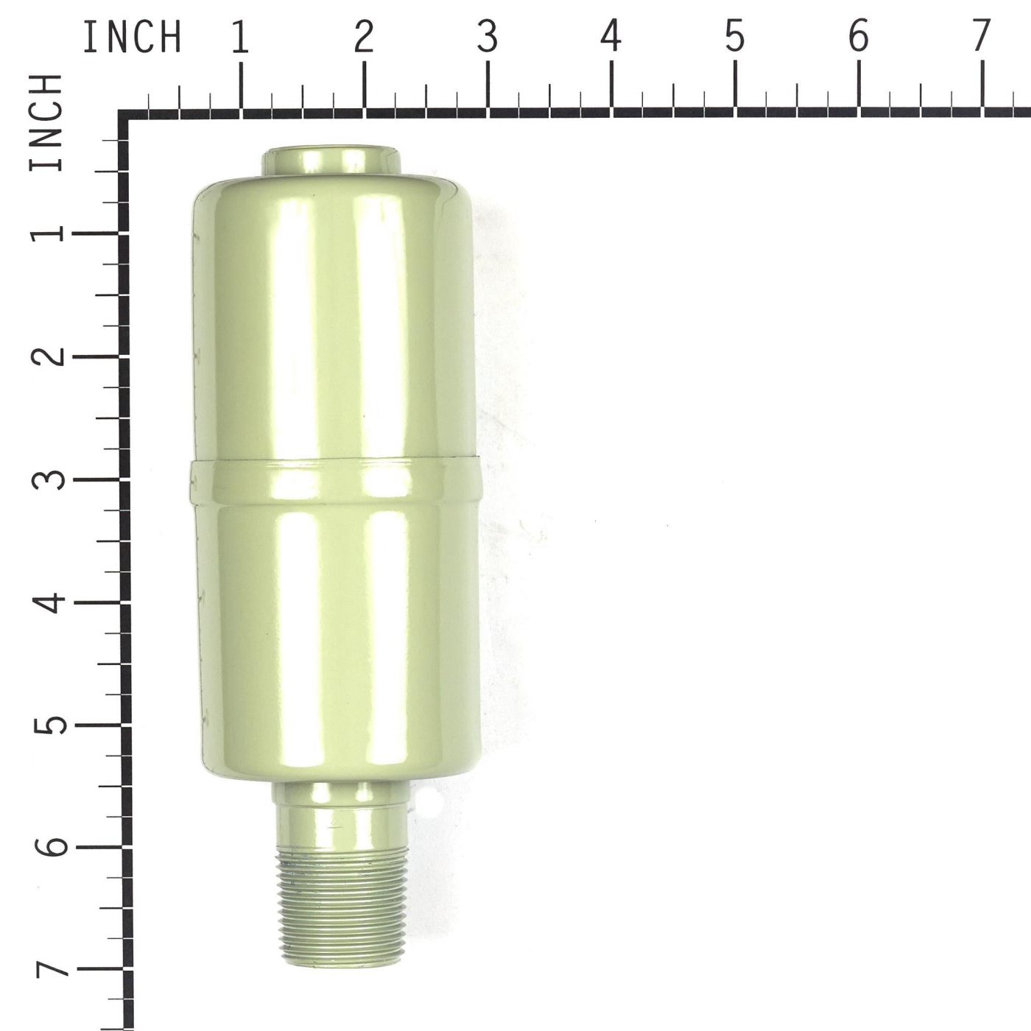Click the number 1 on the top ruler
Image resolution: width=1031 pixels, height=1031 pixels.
(x=241, y=38)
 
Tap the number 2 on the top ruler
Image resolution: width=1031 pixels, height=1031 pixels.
(x=364, y=38)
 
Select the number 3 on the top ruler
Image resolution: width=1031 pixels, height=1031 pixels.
(x=488, y=38)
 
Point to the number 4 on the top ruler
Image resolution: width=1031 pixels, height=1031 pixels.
(x=610, y=38)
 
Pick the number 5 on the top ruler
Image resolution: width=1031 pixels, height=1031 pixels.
(x=735, y=38)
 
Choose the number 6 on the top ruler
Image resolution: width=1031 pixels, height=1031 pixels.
(x=858, y=38)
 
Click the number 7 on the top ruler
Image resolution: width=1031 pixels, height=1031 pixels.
(x=981, y=38)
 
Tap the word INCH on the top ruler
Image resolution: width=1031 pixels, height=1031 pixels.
(x=132, y=38)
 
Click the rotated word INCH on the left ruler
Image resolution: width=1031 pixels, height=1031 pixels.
(x=46, y=122)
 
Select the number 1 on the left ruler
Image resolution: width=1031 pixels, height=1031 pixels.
(x=46, y=233)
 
